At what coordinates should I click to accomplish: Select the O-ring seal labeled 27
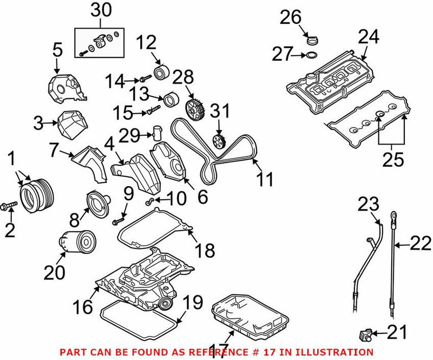(311, 55)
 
